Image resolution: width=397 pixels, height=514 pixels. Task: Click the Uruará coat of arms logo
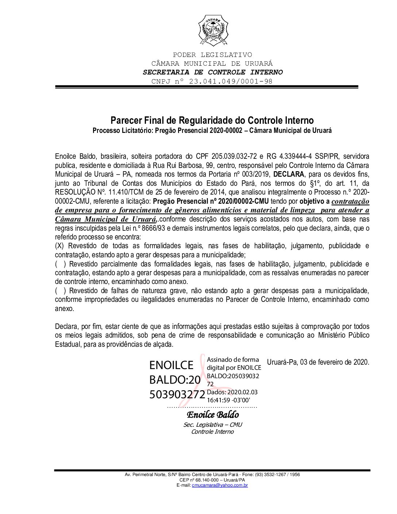[x=213, y=31]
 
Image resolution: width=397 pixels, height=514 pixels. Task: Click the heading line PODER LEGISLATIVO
[x=212, y=55]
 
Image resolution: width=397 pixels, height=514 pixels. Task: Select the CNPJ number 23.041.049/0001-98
[x=231, y=81]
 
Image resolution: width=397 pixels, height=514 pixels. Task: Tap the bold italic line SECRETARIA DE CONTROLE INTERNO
[x=212, y=72]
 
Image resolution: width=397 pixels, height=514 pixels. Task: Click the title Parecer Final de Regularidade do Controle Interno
[x=212, y=120]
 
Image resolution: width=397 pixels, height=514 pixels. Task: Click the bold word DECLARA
[x=288, y=174]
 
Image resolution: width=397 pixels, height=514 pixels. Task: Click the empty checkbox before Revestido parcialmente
[x=60, y=264]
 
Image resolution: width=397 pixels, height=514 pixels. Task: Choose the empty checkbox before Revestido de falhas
[x=60, y=291]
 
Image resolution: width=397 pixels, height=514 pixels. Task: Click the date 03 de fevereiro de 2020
[x=335, y=362]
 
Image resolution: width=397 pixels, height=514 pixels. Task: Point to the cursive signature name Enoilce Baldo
[x=213, y=415]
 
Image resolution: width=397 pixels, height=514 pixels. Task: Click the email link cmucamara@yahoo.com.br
[x=220, y=485]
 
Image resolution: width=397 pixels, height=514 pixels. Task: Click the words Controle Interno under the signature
[x=212, y=432]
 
